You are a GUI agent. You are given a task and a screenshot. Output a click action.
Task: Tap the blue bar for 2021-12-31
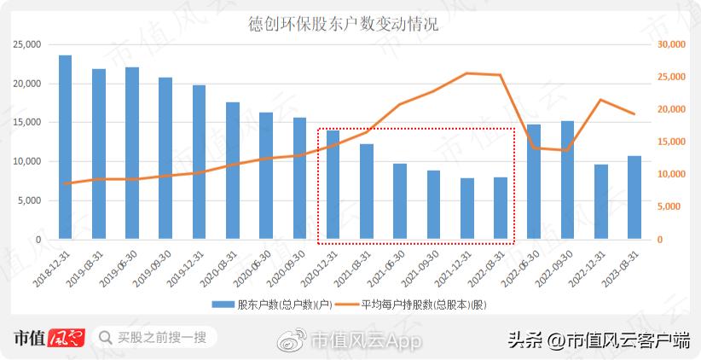pos(466,209)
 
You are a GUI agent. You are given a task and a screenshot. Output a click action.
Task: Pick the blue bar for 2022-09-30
pos(567,180)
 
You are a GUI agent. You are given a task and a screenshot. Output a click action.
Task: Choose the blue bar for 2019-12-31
pos(199,162)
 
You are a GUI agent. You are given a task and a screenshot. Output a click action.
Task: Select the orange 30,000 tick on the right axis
pos(673,44)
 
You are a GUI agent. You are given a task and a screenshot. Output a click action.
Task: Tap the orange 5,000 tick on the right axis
pos(670,206)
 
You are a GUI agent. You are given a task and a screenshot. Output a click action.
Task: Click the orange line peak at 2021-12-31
pos(466,73)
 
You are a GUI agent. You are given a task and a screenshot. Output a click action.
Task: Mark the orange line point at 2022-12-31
pos(600,100)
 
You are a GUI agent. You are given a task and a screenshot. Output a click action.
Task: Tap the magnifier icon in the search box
pos(105,338)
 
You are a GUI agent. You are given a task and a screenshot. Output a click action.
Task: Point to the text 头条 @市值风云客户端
pos(599,340)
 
